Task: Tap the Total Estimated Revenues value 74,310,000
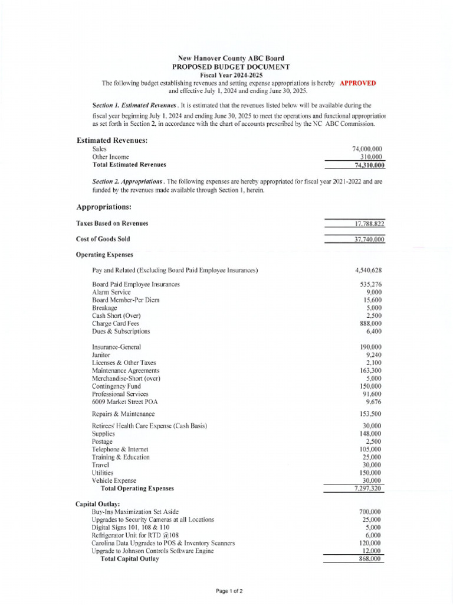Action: [x=367, y=165]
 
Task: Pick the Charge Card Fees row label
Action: [x=116, y=324]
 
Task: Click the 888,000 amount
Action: [x=370, y=324]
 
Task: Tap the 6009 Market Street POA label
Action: [x=123, y=401]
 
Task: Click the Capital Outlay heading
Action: [x=98, y=503]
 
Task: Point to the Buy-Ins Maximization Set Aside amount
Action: [x=370, y=512]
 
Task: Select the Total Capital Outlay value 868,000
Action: [x=370, y=559]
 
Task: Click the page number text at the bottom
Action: [x=229, y=591]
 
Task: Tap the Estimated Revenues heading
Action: [x=112, y=140]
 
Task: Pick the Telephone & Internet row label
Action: [x=116, y=450]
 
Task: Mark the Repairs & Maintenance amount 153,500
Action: [x=370, y=414]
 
